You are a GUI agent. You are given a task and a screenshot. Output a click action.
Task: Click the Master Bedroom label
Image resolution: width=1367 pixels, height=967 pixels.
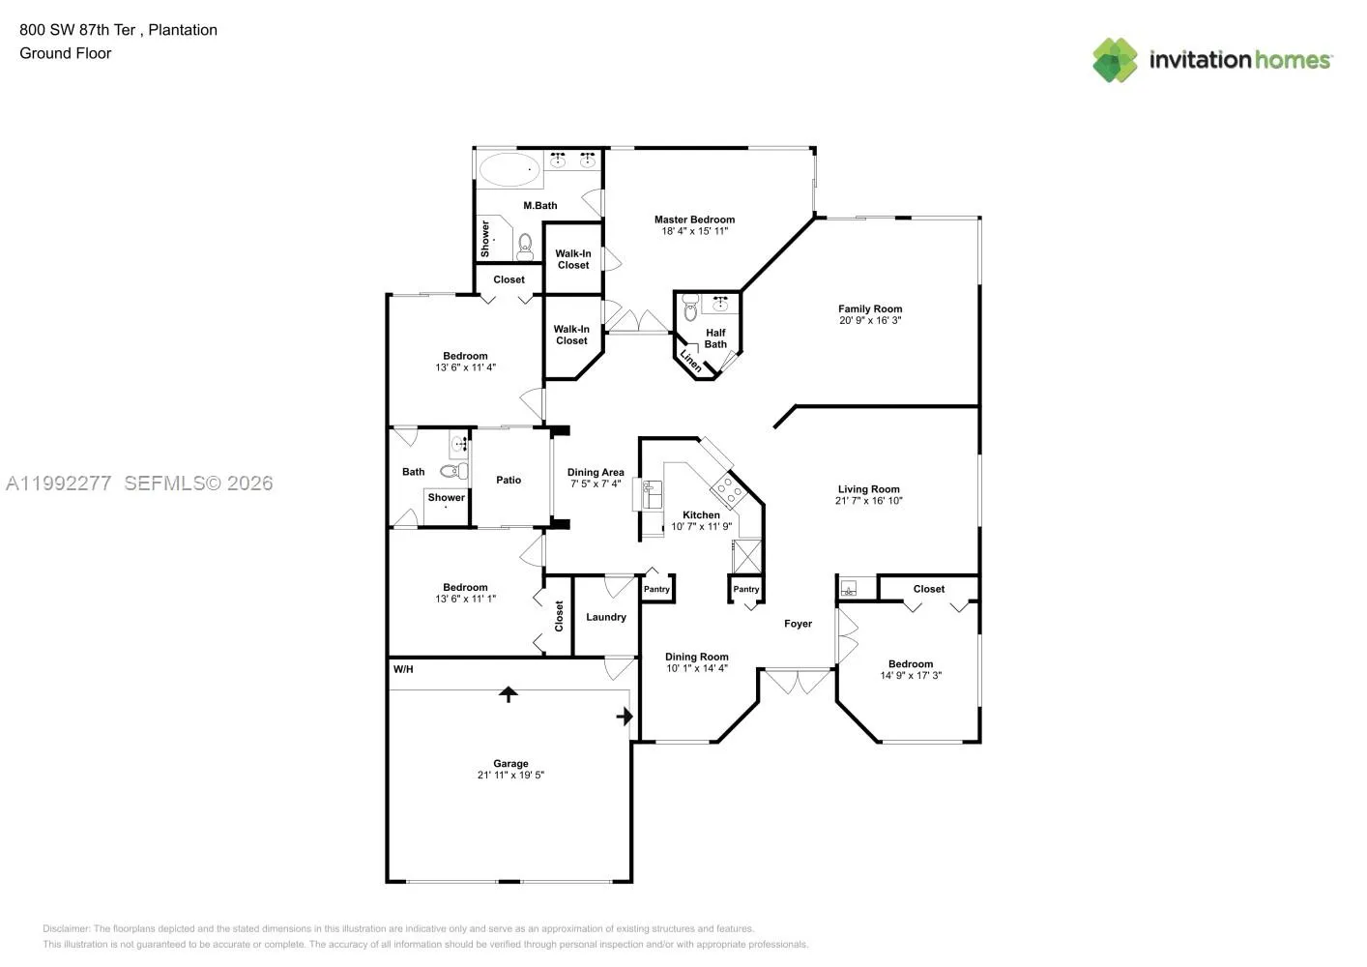click(x=694, y=220)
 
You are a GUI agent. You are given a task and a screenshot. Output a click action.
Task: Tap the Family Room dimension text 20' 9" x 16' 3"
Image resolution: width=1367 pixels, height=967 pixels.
click(x=870, y=320)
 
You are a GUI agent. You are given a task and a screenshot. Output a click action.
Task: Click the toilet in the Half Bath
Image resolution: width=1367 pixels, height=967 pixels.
click(x=690, y=309)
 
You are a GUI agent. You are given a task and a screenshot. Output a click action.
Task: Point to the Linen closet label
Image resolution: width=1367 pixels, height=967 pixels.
click(x=691, y=360)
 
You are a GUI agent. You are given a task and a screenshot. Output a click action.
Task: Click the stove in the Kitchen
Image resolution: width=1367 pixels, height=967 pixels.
click(x=727, y=492)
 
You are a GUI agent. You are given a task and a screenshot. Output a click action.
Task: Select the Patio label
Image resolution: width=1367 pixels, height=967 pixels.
click(x=509, y=480)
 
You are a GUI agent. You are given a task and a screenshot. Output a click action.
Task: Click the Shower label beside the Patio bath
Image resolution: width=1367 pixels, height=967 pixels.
click(x=447, y=497)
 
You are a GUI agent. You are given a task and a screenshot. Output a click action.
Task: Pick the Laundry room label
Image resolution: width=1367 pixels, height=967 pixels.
click(x=606, y=617)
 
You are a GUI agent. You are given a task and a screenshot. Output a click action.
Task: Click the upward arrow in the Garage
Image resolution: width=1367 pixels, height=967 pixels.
click(x=509, y=694)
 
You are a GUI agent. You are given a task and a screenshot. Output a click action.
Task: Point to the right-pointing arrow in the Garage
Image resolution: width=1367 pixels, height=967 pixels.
click(x=625, y=717)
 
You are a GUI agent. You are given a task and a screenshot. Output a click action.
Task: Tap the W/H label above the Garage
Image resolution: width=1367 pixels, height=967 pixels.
click(x=403, y=669)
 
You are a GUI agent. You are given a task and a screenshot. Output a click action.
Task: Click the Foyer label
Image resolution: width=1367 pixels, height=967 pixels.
click(x=798, y=624)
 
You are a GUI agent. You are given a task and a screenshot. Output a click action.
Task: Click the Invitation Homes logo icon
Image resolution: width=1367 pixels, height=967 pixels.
click(x=1115, y=60)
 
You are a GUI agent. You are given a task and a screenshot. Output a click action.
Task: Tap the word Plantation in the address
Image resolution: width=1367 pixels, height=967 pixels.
click(x=183, y=30)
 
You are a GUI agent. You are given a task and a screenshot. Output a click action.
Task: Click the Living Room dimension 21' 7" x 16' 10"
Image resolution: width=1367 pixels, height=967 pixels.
click(x=868, y=501)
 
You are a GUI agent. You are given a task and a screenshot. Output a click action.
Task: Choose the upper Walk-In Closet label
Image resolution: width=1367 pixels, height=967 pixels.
click(x=573, y=259)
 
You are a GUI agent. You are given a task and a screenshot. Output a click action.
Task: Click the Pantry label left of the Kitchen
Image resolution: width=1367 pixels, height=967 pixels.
click(x=656, y=589)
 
